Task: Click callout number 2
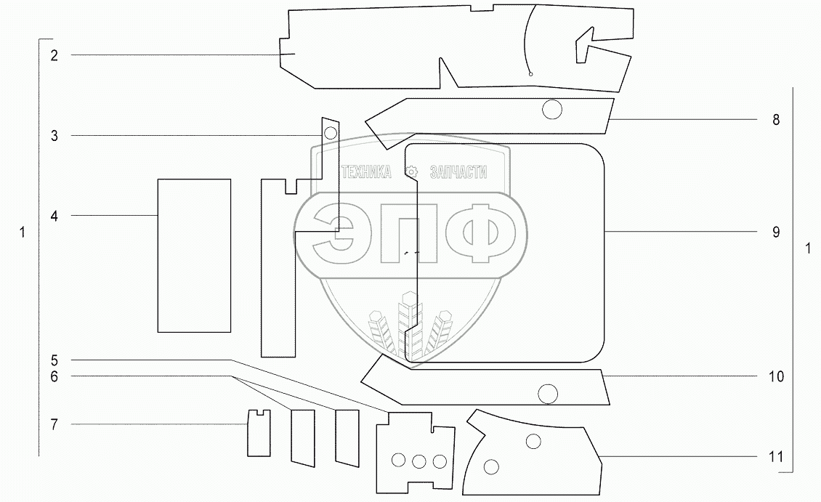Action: [54, 55]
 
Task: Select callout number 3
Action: [54, 136]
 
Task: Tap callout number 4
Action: [54, 216]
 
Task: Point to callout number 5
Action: [54, 360]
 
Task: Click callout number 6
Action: [54, 376]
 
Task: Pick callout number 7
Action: [54, 424]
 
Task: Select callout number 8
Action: [776, 120]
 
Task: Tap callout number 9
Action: [776, 232]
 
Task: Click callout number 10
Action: [776, 376]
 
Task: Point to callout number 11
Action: [776, 457]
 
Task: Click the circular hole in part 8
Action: [552, 110]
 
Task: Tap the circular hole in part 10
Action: [548, 394]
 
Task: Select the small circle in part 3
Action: [331, 132]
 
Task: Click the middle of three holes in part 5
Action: [418, 461]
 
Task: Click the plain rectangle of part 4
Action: [194, 255]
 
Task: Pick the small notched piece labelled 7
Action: [259, 434]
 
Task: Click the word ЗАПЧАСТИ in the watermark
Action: [458, 172]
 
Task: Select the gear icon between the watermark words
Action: [412, 172]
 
